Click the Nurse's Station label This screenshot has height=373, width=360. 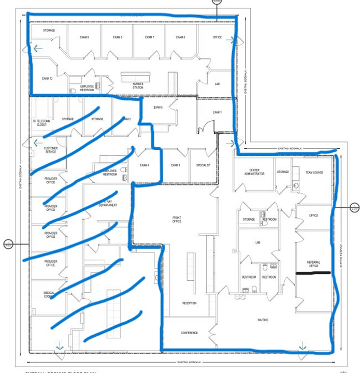coord(137,86)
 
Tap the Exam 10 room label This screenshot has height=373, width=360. coord(47,78)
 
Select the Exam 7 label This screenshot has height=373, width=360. coord(150,37)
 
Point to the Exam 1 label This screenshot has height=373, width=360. coord(217,112)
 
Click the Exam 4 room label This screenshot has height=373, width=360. coord(145,166)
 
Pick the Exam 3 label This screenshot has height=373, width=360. coord(176,166)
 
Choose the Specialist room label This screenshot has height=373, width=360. coord(203,166)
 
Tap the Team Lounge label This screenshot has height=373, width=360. coord(314,172)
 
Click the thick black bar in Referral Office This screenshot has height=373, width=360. coord(313,272)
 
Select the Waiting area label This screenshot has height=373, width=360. coord(263,320)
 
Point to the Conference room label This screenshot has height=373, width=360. coord(189,333)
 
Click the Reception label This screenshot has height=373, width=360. coord(189,303)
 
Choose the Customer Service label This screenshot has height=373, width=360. coord(51,150)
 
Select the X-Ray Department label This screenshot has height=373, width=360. coord(107,203)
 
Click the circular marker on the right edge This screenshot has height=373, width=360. coord(354,208)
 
